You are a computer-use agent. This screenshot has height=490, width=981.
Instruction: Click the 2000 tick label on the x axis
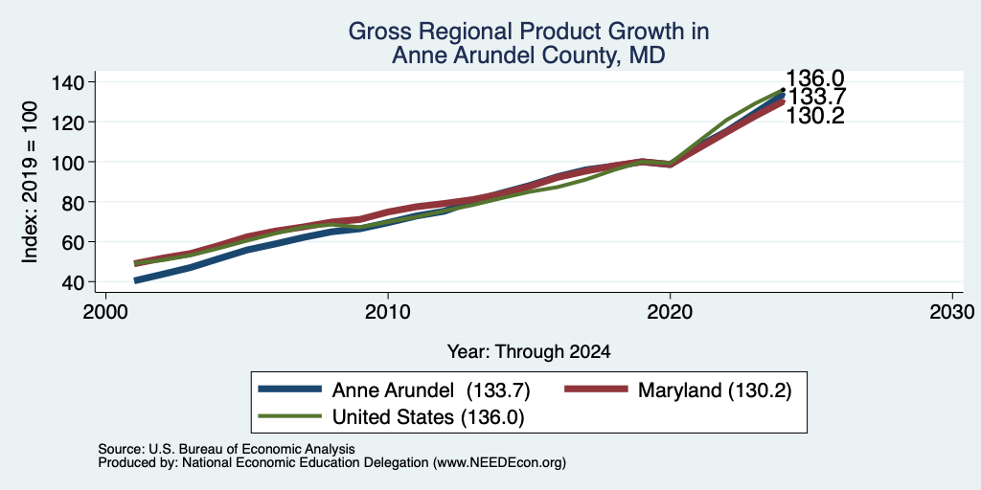pyautogui.click(x=105, y=311)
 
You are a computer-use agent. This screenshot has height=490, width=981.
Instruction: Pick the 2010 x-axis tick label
pyautogui.click(x=388, y=311)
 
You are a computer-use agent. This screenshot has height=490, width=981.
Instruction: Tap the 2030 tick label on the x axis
pyautogui.click(x=952, y=311)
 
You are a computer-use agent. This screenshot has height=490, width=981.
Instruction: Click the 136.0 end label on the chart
pyautogui.click(x=814, y=78)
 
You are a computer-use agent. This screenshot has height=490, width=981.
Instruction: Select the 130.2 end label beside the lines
pyautogui.click(x=814, y=116)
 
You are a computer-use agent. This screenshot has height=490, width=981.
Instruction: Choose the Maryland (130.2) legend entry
pyautogui.click(x=715, y=390)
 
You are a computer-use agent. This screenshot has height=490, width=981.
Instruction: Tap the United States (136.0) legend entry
pyautogui.click(x=428, y=417)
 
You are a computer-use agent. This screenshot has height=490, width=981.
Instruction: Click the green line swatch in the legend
pyautogui.click(x=290, y=415)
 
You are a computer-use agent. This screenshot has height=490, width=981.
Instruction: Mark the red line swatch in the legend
pyautogui.click(x=596, y=390)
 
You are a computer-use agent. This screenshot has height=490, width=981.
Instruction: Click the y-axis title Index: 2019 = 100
pyautogui.click(x=31, y=182)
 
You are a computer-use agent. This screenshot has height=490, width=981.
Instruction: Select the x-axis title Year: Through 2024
pyautogui.click(x=529, y=352)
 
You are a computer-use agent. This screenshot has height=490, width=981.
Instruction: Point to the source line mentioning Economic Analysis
pyautogui.click(x=226, y=449)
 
